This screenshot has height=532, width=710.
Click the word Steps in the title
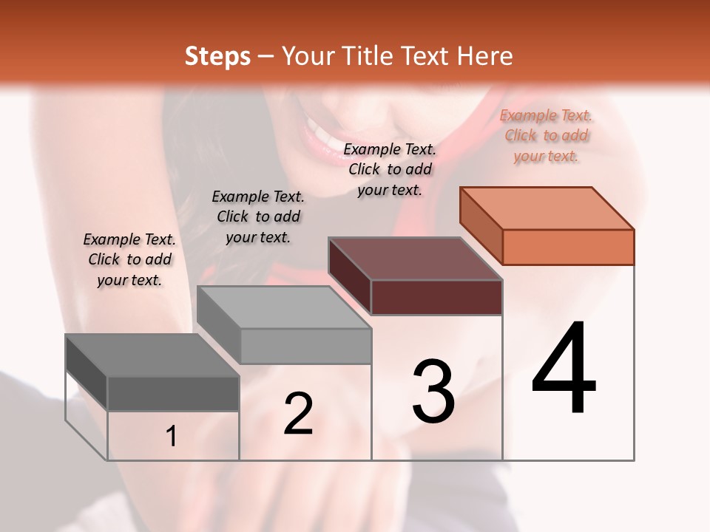[217, 56]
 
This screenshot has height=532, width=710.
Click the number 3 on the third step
[433, 391]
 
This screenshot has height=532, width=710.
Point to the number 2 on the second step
[298, 414]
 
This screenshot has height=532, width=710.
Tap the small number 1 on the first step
[172, 437]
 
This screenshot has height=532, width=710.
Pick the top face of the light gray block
[284, 307]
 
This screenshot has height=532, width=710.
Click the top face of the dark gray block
[152, 355]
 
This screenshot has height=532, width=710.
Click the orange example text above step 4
[546, 136]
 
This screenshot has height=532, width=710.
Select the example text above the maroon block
[390, 170]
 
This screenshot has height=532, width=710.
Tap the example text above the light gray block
[258, 216]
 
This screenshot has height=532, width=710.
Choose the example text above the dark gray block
[129, 259]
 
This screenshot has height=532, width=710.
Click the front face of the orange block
[568, 247]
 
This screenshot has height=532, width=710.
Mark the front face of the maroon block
[436, 297]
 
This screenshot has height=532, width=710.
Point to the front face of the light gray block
[305, 346]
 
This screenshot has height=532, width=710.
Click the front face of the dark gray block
[173, 393]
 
